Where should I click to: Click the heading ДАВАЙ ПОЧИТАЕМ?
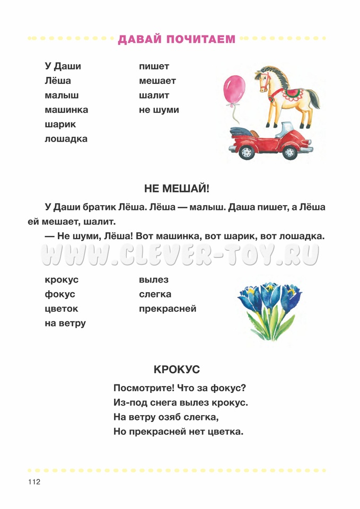point(177,39)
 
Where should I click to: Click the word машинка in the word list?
point(66,110)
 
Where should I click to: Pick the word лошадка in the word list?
point(66,139)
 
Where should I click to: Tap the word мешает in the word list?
point(157,81)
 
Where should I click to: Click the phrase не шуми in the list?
point(159,110)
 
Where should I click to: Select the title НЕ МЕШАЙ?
point(180,188)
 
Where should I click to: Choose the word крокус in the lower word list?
point(62,279)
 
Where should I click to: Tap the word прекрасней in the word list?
point(168,309)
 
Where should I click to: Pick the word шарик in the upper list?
point(60,125)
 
